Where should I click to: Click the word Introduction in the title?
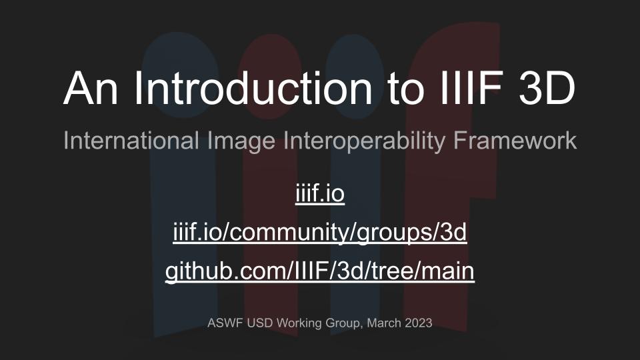253,89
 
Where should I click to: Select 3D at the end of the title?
547,89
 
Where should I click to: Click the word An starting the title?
91,89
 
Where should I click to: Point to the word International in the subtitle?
131,141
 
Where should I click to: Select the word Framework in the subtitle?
515,141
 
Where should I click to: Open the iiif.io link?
320,193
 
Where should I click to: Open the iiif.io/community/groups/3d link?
320,233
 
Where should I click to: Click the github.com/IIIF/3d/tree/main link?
320,271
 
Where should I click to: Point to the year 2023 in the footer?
419,323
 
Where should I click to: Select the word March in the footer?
384,323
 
